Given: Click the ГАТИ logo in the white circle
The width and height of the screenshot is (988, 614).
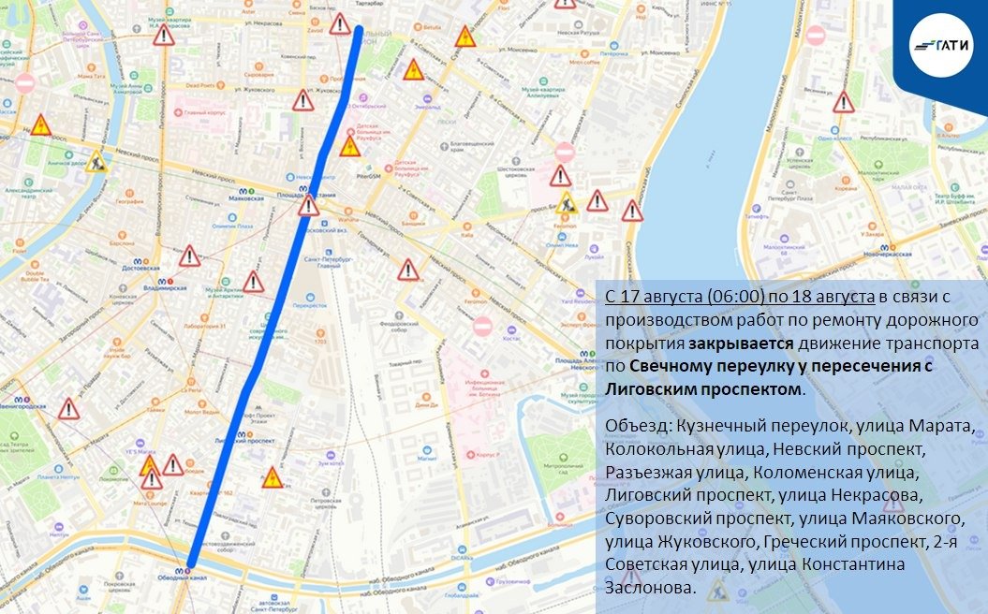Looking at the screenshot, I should [940, 43].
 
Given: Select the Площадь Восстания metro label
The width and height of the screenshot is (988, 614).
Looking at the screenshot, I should [306, 194].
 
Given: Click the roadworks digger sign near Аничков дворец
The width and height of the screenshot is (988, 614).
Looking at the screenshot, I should [95, 160].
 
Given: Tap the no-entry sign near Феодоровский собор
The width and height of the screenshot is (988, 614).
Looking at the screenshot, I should [482, 327].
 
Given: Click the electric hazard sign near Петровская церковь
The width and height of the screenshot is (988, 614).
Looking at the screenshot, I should [272, 478].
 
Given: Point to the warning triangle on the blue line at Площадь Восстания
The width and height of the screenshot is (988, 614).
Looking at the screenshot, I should [309, 206].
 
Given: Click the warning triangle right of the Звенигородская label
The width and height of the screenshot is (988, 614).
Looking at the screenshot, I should [68, 408].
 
